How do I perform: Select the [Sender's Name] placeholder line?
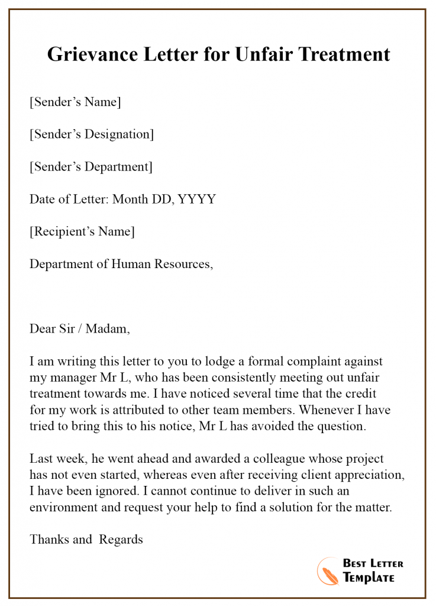(75, 102)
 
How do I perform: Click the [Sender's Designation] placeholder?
(92, 134)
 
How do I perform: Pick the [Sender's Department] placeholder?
(91, 167)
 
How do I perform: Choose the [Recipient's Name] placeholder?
(82, 231)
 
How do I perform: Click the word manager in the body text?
(72, 378)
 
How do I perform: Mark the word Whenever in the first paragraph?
(329, 410)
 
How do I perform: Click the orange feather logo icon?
(327, 570)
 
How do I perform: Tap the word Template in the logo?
(369, 578)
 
